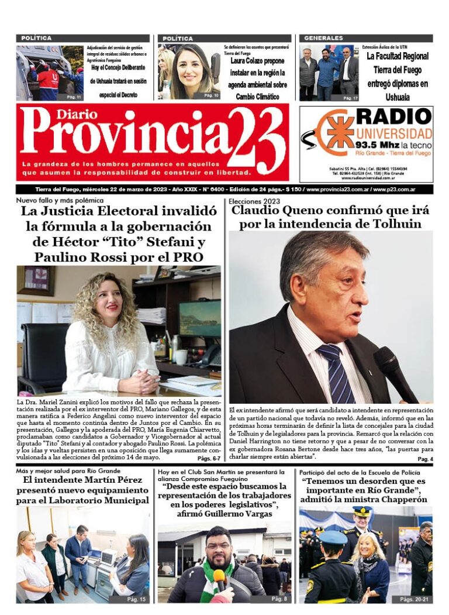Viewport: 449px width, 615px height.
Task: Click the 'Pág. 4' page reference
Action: click(x=425, y=459)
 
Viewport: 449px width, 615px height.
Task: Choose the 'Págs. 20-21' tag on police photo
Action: click(x=414, y=599)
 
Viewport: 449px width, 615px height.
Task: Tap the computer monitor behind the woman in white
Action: click(x=199, y=318)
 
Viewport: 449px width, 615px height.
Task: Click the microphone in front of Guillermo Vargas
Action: click(x=219, y=579)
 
